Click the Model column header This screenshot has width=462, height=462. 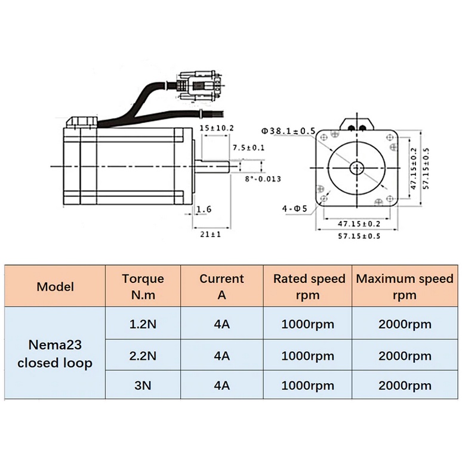tap(55, 287)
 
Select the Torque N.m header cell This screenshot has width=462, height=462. tap(143, 287)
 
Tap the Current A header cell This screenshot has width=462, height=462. tap(221, 287)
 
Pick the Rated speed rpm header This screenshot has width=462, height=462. tap(309, 287)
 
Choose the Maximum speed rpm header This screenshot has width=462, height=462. tap(404, 287)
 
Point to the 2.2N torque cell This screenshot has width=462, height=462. tap(143, 356)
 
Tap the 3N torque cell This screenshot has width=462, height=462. tap(143, 385)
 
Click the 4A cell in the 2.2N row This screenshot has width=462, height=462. tap(221, 356)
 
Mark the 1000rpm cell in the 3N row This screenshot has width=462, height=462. tap(309, 385)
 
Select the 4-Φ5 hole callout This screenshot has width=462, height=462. tap(294, 208)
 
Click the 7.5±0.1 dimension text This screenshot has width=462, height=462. tap(248, 147)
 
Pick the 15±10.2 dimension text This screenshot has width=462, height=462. tap(216, 128)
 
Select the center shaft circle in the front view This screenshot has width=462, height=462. tap(358, 167)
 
